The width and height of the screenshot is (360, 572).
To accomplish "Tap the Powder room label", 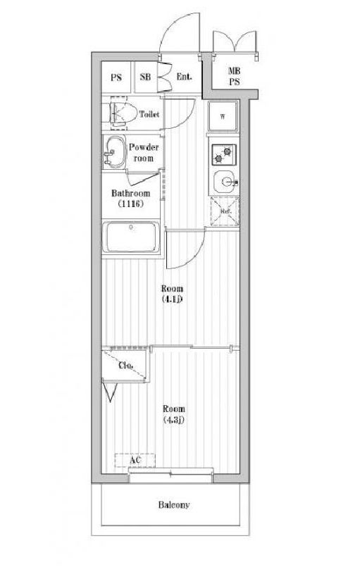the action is pyautogui.click(x=144, y=153).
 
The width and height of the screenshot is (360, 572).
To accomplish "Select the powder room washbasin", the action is pyautogui.click(x=115, y=152).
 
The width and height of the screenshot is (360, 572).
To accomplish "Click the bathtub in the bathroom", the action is pyautogui.click(x=131, y=237).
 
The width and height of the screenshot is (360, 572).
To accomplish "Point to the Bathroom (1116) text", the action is pyautogui.click(x=130, y=199).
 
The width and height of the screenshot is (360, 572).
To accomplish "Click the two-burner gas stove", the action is pyautogui.click(x=223, y=154).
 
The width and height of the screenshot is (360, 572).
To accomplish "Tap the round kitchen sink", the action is pyautogui.click(x=225, y=180).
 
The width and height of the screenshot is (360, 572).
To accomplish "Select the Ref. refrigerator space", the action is pyautogui.click(x=225, y=211).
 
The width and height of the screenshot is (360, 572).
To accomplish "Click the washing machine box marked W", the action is pyautogui.click(x=223, y=116).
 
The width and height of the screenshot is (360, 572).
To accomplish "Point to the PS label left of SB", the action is pyautogui.click(x=116, y=77).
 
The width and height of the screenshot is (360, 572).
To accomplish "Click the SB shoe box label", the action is pyautogui.click(x=145, y=77).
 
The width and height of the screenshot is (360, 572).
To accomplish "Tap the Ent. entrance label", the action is pyautogui.click(x=184, y=77).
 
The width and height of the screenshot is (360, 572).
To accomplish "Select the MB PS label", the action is pyautogui.click(x=234, y=77).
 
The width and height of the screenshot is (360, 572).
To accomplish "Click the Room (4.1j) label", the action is pyautogui.click(x=172, y=294).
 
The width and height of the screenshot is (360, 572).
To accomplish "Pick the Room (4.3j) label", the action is pyautogui.click(x=173, y=414).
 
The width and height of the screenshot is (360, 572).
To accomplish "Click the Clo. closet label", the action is pyautogui.click(x=126, y=365).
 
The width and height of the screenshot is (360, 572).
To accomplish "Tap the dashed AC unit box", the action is pyautogui.click(x=135, y=461).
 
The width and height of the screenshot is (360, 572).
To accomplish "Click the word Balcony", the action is pyautogui.click(x=173, y=505).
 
